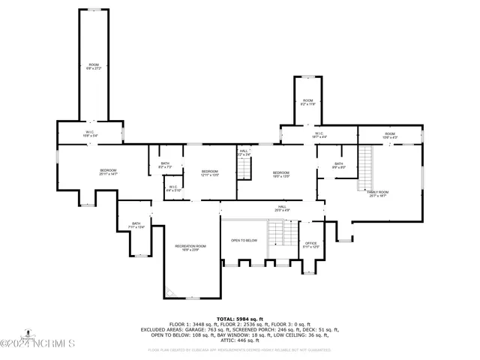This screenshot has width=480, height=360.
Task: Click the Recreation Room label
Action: tap(190, 248)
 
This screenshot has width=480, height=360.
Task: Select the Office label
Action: tap(311, 244)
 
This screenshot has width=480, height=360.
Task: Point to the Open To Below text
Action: tap(244, 241)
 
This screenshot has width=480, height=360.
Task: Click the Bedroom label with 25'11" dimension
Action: tap(109, 172)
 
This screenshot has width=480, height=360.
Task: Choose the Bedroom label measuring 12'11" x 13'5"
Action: tap(209, 173)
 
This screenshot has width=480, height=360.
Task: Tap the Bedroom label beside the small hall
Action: tap(280, 174)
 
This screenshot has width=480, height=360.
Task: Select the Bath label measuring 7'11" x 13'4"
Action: tap(136, 225)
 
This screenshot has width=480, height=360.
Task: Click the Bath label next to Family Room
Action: tap(339, 166)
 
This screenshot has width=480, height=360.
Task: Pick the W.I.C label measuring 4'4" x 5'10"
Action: tap(173, 188)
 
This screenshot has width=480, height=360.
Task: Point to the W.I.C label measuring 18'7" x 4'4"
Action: tap(319, 135)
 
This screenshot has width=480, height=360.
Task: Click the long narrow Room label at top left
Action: tap(94, 67)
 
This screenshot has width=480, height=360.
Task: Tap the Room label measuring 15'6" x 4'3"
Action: tap(390, 135)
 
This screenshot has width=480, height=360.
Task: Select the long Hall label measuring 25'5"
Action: tap(282, 208)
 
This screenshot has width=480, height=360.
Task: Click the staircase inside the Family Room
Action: tap(364, 167)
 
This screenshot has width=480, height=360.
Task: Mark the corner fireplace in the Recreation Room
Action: tap(171, 292)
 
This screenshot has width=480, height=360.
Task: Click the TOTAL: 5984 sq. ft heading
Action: tap(240, 319)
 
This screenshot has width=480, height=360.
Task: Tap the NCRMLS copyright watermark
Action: tap(38, 344)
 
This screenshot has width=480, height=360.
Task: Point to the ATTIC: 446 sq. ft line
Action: tap(240, 340)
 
